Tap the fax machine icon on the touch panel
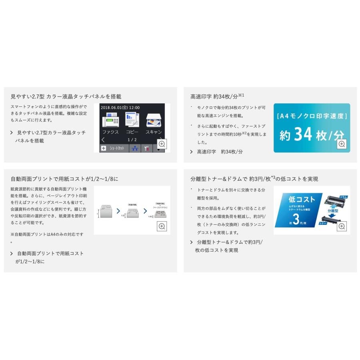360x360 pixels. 110,120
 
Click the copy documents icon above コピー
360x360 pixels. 132,120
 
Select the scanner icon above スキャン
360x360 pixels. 154,120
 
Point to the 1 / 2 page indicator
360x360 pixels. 132,140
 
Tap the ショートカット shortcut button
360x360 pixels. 112,148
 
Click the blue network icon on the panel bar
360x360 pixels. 134,148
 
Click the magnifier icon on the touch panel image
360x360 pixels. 162,144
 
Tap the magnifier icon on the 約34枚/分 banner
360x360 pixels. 342,144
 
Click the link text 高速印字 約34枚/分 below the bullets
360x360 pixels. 220,152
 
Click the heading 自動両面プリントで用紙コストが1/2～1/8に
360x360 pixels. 64,179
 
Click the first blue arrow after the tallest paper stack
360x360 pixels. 118,211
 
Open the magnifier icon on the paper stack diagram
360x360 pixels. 162,226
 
